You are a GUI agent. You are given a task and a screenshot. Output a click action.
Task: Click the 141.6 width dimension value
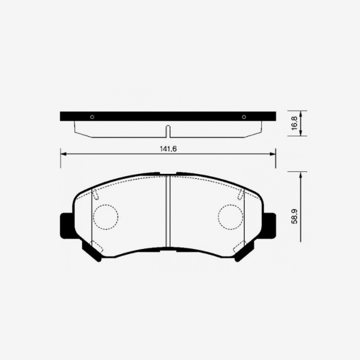pyautogui.click(x=167, y=148)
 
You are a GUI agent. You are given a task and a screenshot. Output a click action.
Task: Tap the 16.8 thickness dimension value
pyautogui.click(x=294, y=123)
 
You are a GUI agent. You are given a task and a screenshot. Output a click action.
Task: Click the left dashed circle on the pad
pyautogui.click(x=105, y=217)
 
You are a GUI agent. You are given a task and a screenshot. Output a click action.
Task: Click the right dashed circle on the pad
pyautogui.click(x=230, y=217)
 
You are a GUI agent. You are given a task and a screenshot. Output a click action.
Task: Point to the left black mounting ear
pyautogui.click(x=66, y=226)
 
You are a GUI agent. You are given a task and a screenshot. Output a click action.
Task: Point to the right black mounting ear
pyautogui.click(x=269, y=226)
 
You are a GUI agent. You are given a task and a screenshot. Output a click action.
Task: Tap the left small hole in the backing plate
pyautogui.click(x=92, y=117)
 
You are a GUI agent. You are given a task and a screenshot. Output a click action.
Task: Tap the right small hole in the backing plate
pyautogui.click(x=244, y=117)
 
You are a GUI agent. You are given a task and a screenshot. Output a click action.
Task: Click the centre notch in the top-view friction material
pyautogui.click(x=168, y=131)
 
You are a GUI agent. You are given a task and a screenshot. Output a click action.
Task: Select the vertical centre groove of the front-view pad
pyautogui.click(x=168, y=211)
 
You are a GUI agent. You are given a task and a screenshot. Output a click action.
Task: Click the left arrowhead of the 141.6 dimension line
pyautogui.click(x=63, y=153)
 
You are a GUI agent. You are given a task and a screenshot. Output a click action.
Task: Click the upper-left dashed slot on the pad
pyautogui.click(x=95, y=194)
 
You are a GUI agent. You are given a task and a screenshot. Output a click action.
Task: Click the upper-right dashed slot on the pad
pyautogui.click(x=241, y=194)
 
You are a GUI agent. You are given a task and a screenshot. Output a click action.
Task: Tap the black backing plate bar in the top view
pyautogui.click(x=168, y=116)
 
